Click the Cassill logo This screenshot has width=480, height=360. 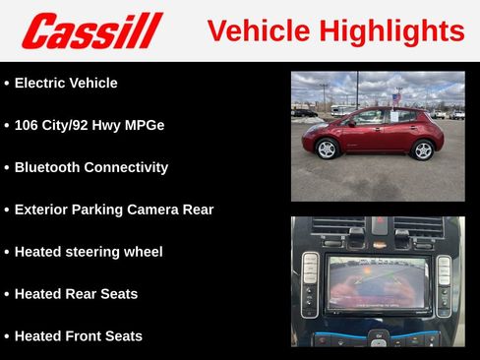91,30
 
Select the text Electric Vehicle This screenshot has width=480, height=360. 66,84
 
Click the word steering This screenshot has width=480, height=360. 98,252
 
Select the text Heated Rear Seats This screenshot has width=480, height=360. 76,294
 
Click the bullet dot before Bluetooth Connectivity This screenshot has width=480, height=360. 7,168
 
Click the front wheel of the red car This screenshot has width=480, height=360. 328,150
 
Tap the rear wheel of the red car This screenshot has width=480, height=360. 422,150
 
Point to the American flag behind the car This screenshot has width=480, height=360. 396,96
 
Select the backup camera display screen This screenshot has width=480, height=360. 379,283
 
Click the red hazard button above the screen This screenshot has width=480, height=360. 377,237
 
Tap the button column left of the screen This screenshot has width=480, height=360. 310,283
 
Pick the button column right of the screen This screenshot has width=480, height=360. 444,283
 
